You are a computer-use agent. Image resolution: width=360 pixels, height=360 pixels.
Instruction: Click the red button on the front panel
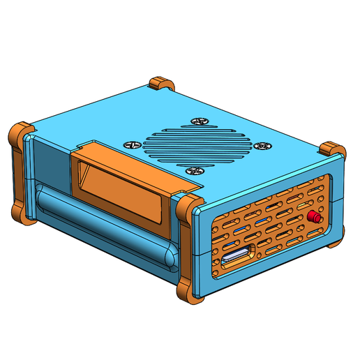coord(313,218)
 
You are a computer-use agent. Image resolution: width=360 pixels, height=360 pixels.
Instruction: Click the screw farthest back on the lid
coord(201,122)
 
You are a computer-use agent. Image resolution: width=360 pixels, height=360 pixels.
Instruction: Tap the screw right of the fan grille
coord(263,146)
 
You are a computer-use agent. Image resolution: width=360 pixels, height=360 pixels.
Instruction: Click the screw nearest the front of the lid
coord(193,170)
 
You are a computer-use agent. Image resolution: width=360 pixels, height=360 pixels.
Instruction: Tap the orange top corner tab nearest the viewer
coord(188,207)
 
